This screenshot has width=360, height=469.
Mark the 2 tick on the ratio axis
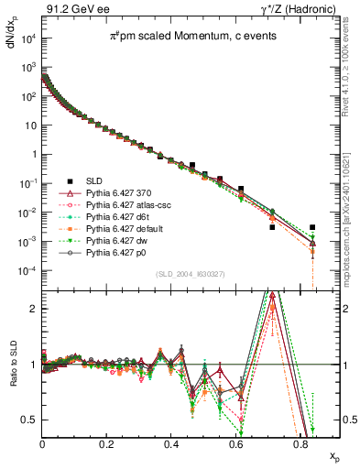[35, 309]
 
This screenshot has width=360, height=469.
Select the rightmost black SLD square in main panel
[312, 227]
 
